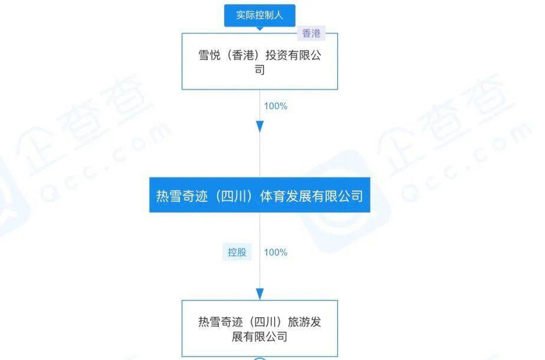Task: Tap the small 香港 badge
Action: tap(311, 34)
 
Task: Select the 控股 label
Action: tap(237, 252)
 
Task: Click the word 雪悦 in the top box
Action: tap(209, 56)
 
